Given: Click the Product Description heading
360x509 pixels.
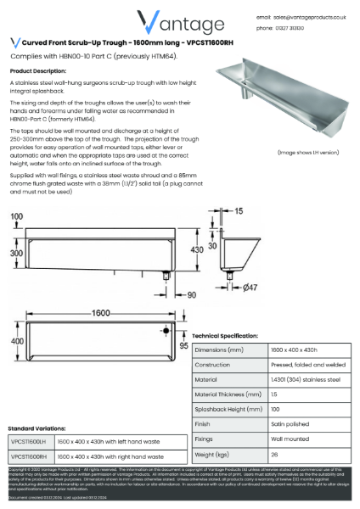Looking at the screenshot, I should click(x=37, y=70).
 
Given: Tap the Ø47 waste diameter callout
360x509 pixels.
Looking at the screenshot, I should click(x=250, y=289).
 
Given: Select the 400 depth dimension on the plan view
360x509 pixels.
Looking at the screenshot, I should click(x=14, y=340).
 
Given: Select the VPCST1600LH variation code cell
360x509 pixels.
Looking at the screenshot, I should click(x=30, y=442).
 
